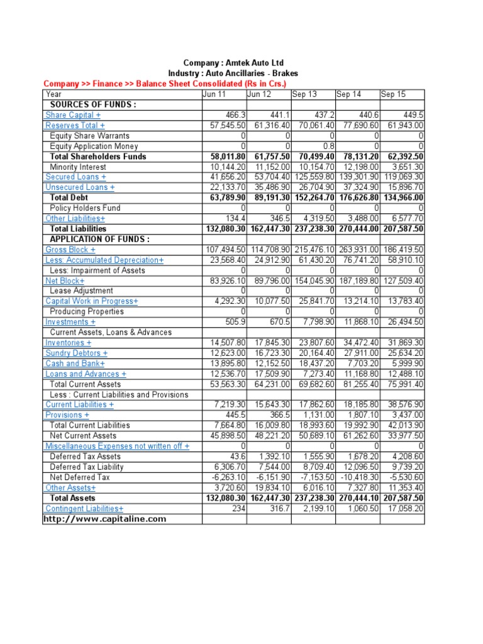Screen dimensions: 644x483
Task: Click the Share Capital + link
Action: click(72, 115)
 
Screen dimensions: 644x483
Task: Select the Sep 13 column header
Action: click(304, 94)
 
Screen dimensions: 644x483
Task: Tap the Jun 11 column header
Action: click(214, 94)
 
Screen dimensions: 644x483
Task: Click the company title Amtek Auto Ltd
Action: click(233, 63)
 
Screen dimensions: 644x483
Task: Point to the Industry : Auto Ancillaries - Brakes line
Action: click(233, 74)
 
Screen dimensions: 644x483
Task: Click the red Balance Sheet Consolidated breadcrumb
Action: click(164, 84)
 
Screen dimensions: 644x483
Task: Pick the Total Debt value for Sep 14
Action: click(358, 197)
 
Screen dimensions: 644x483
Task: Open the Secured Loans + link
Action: click(72, 177)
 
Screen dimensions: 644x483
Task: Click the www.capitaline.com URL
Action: click(104, 519)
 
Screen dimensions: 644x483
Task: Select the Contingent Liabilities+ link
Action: click(84, 508)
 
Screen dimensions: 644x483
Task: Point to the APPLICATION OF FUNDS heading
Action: click(99, 239)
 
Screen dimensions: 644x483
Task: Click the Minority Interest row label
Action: click(77, 167)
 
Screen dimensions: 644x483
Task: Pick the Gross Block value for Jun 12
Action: click(269, 250)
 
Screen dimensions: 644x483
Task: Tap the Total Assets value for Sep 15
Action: click(402, 498)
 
